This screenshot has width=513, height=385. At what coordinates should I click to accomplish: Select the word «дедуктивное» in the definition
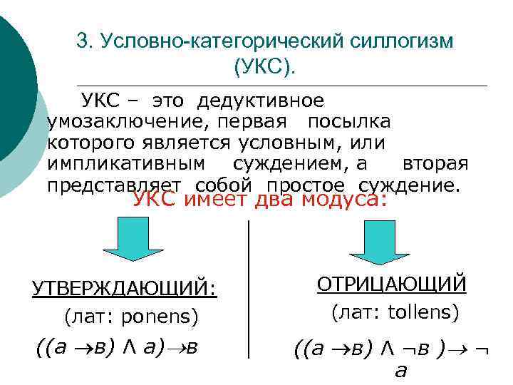tap(261, 101)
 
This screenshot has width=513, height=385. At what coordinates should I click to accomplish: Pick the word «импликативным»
tap(127, 164)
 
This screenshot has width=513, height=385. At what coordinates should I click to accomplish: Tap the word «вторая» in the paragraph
tap(435, 164)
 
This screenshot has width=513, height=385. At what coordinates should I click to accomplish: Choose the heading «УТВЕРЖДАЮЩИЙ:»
tap(125, 289)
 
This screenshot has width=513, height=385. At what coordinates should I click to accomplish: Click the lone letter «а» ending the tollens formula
tap(400, 371)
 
